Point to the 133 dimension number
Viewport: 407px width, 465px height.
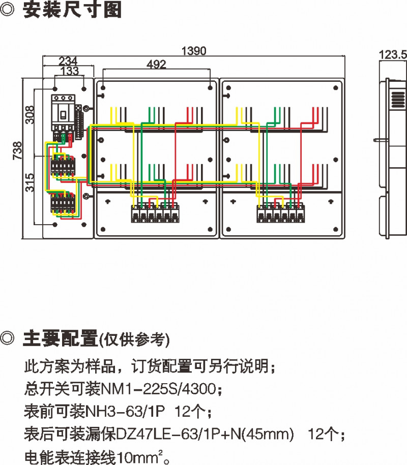[x=69, y=70]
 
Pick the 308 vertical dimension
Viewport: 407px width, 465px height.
[x=30, y=115]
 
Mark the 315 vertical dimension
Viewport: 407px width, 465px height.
[x=30, y=182]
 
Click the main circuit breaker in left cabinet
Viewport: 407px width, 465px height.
[x=63, y=114]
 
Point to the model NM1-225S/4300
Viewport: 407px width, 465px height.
[x=160, y=390]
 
